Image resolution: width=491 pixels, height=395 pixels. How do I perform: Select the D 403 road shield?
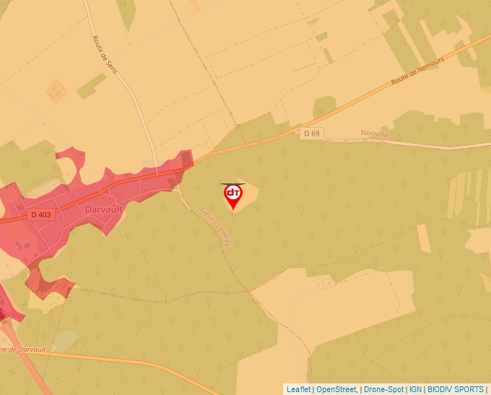point(40,214)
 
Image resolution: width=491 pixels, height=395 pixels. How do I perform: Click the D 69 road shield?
point(311,134)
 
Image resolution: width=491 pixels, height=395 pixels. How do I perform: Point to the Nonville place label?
point(374,134)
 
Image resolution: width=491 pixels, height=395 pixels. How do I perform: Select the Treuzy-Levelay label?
point(214,227)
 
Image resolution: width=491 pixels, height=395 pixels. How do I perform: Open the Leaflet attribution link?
point(298,389)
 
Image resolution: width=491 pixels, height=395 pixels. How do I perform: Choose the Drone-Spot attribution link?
point(383,389)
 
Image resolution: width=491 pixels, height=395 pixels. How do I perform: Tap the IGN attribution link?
point(415,389)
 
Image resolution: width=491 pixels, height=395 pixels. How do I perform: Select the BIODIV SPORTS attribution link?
point(456,389)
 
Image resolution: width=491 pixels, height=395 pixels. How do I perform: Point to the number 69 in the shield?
point(315,134)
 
